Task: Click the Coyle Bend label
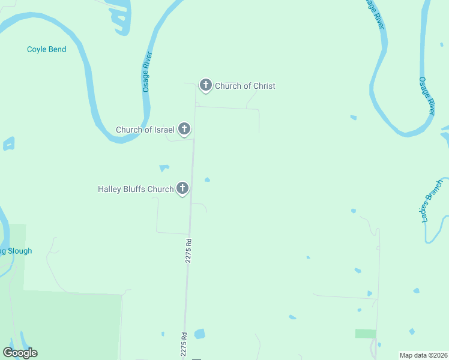click(46, 49)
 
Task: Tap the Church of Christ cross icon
click(205, 85)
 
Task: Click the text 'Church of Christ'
click(245, 86)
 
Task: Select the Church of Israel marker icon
click(184, 128)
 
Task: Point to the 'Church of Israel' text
click(145, 130)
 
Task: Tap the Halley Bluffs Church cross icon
click(182, 188)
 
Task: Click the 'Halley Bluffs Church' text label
click(136, 189)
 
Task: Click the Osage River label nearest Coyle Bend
click(147, 71)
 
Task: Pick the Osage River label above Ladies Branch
click(426, 96)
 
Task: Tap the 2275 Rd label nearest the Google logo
click(184, 342)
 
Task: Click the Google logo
click(20, 353)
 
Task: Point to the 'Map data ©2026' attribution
click(423, 355)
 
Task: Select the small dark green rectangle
click(365, 333)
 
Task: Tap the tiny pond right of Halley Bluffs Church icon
click(207, 179)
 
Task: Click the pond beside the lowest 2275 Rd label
click(199, 334)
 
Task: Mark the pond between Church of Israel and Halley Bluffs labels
click(164, 167)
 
